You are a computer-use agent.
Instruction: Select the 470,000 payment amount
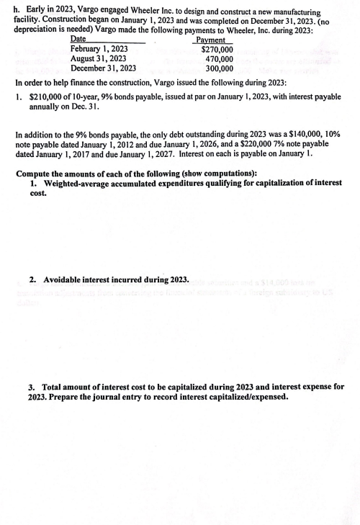tap(219, 59)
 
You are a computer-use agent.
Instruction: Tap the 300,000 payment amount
tap(219, 69)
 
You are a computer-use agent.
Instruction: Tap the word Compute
tap(34, 174)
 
